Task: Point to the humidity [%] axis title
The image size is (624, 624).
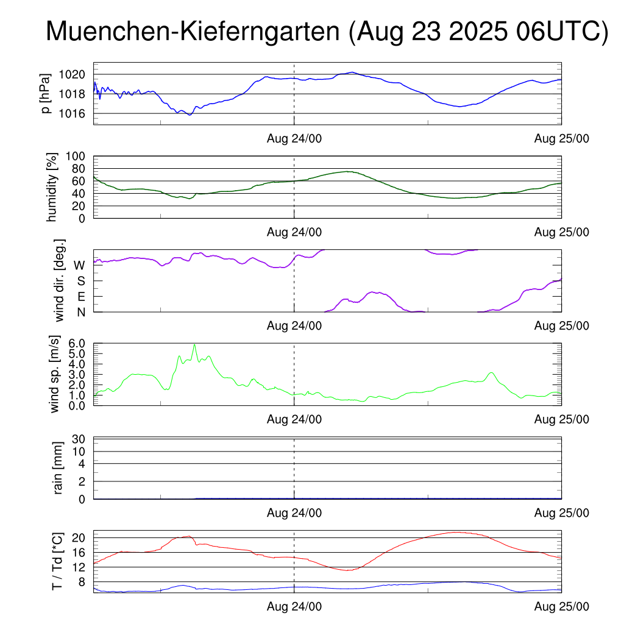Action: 52,187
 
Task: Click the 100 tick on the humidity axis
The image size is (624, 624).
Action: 78,156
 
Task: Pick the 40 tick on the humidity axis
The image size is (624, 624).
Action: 81,193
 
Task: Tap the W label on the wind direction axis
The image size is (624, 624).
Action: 79,265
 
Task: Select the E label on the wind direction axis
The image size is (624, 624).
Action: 80,296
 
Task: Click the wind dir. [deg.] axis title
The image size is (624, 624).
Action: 59,280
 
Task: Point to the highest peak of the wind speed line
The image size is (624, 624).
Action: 194,344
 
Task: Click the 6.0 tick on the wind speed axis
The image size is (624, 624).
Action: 77,343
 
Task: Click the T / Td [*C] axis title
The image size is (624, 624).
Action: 57,561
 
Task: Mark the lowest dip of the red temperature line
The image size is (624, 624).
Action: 347,570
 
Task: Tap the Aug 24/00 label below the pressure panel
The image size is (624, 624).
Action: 294,138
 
